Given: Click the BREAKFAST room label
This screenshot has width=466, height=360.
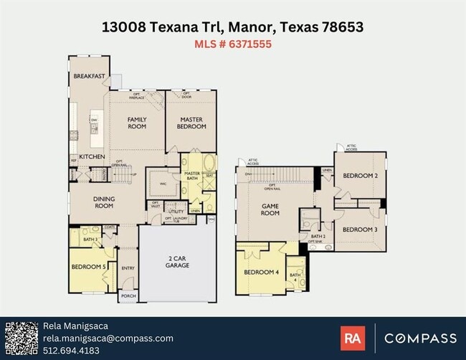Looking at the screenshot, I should [89, 77].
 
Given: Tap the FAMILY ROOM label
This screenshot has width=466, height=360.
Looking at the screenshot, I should [137, 123].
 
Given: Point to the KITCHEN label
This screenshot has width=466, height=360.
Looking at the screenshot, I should [92, 156].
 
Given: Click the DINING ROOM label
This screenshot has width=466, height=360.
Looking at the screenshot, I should [104, 202].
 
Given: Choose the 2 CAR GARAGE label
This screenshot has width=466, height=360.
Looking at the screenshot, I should [177, 262].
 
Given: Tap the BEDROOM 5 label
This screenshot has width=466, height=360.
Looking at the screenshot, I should [89, 267].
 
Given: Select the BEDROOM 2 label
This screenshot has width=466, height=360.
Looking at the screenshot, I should [360, 176].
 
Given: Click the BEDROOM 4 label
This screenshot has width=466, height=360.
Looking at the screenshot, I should [261, 272].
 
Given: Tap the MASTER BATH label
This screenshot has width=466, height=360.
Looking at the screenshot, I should [192, 176].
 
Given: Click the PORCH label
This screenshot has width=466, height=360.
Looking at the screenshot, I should [128, 295].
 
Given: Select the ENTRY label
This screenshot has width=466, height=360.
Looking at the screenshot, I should [128, 268].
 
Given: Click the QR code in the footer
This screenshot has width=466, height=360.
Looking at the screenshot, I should [21, 338].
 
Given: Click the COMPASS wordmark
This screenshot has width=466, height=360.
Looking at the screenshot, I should [420, 338].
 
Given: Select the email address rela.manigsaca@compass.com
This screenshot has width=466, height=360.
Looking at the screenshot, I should [108, 338].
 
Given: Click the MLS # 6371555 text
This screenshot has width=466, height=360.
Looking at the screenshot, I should [232, 44].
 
